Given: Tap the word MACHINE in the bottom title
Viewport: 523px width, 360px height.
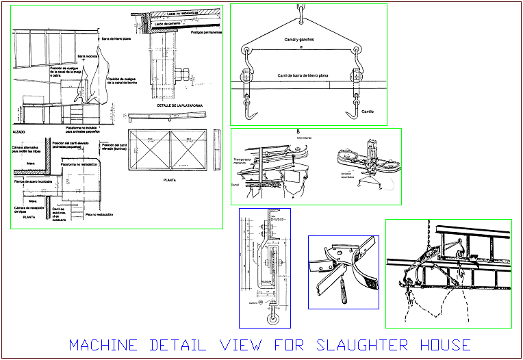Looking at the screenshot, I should point(103,345).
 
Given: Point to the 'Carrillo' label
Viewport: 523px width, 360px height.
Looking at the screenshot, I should point(368,111).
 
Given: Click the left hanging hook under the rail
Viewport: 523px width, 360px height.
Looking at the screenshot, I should point(250,110).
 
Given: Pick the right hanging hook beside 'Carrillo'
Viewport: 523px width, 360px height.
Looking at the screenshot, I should point(353,110).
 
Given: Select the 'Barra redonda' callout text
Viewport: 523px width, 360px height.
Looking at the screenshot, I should point(88,57).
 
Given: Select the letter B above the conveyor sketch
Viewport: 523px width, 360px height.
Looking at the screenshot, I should point(298,131).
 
